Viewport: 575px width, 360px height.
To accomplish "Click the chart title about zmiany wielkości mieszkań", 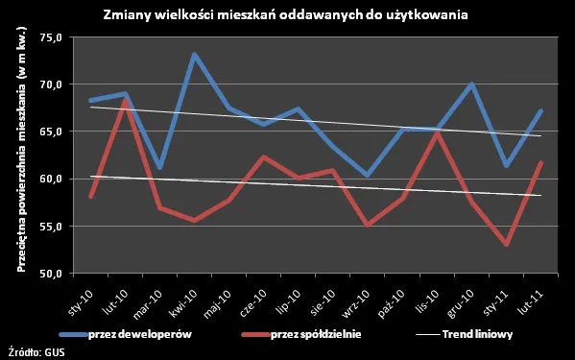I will point(287,15).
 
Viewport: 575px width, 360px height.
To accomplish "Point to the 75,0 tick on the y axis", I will point(49,37).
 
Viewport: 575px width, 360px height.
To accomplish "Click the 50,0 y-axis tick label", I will point(49,274).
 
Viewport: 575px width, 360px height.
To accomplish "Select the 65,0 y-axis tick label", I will point(49,132).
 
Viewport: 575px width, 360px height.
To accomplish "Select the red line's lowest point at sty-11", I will point(506,245).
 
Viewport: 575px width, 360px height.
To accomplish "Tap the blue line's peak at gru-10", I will point(471,84).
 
